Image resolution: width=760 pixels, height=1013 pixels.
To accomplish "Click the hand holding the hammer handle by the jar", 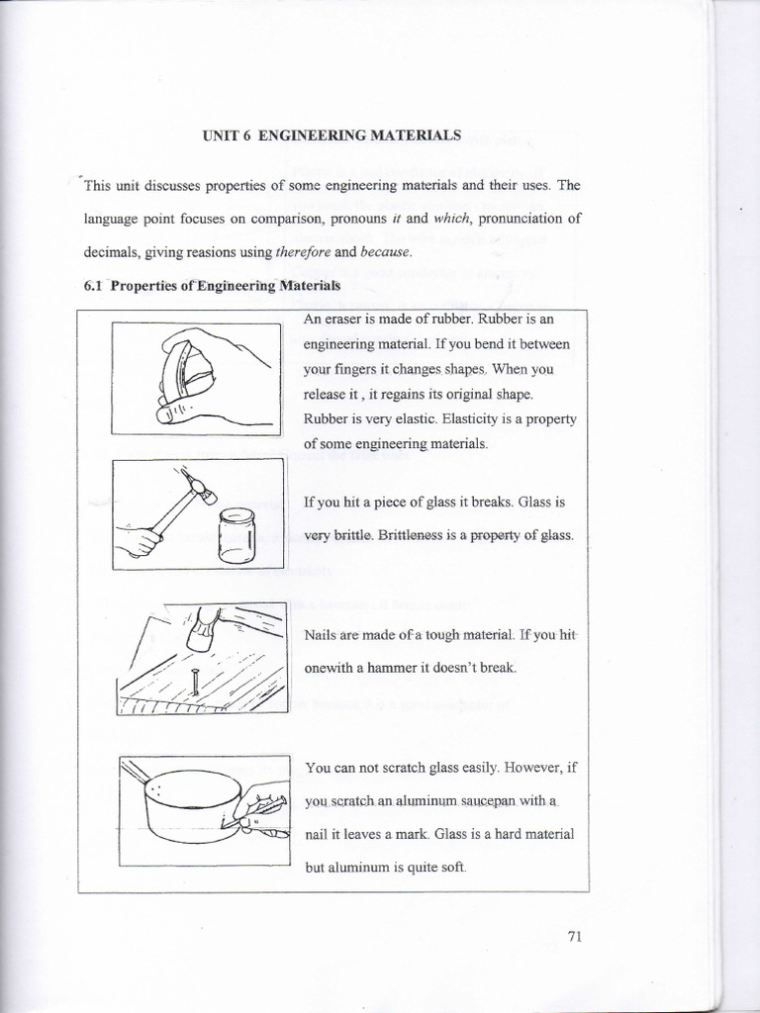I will click(x=139, y=540).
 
